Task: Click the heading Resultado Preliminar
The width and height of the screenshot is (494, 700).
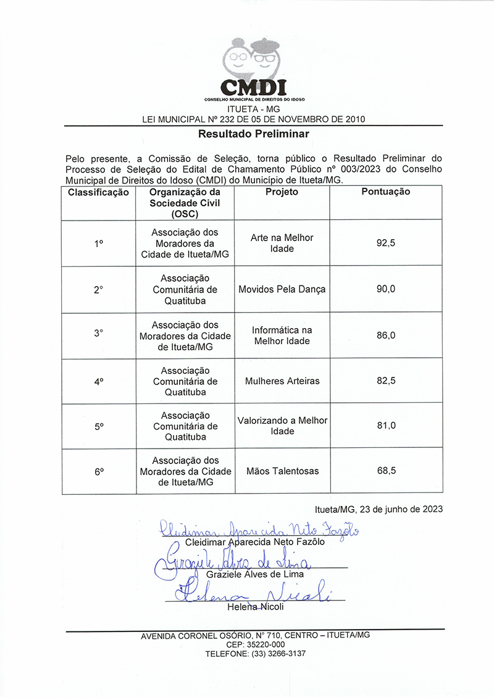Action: coord(254,133)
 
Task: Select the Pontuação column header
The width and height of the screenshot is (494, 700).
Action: coord(385,192)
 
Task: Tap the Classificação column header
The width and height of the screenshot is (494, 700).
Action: coord(99,192)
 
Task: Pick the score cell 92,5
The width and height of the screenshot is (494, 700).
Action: coord(385,243)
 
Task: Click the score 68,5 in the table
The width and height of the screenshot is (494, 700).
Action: coord(386,471)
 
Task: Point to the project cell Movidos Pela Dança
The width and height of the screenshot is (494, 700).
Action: coord(282,289)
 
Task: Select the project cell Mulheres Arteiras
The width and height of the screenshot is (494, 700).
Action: coord(282,381)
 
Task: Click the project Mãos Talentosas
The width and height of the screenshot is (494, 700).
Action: coord(282,471)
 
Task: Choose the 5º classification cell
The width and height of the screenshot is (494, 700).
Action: coord(99,426)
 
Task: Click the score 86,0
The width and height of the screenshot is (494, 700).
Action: coord(386,335)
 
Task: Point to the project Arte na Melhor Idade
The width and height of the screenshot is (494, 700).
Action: coord(282,243)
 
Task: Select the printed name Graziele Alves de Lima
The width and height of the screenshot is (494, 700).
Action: coord(255,574)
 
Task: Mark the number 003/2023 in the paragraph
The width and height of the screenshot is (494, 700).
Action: coord(353,168)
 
